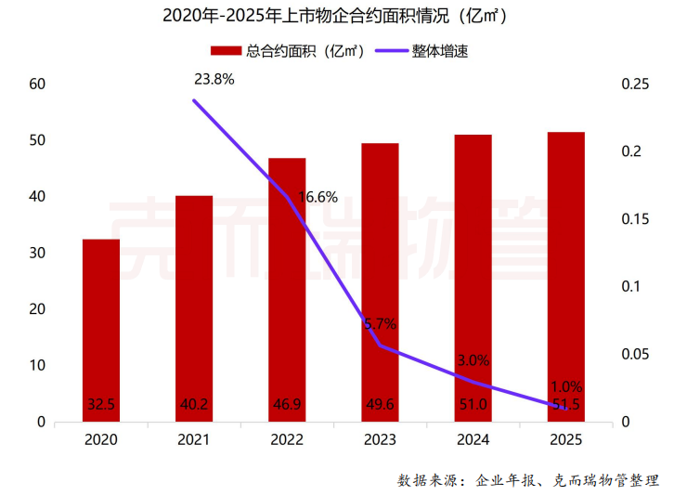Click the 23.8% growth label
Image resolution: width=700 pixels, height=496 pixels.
click(214, 79)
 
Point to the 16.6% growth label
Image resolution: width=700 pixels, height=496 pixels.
click(317, 197)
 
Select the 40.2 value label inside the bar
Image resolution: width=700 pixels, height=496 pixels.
click(194, 404)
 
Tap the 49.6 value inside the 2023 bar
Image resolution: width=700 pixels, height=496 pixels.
click(380, 404)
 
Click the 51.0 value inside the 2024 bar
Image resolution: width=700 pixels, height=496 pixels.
click(473, 404)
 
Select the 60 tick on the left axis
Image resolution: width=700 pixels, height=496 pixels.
click(38, 85)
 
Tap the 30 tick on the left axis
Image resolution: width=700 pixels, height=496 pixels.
click(38, 253)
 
